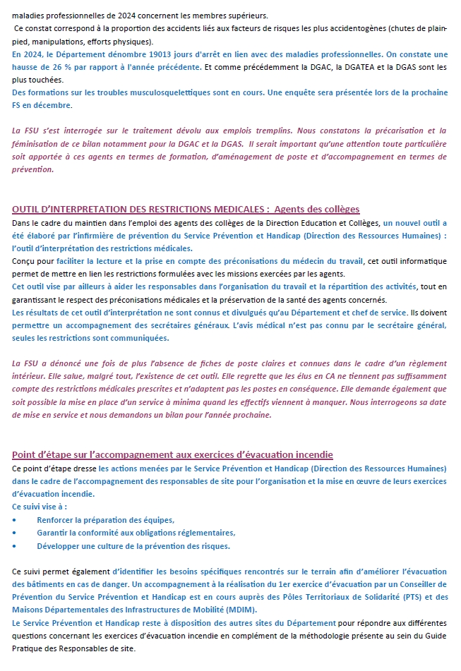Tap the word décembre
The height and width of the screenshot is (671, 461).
point(56,105)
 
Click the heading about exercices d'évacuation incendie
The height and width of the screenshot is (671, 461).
point(172,454)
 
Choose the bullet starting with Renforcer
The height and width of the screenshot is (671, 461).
point(105,519)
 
